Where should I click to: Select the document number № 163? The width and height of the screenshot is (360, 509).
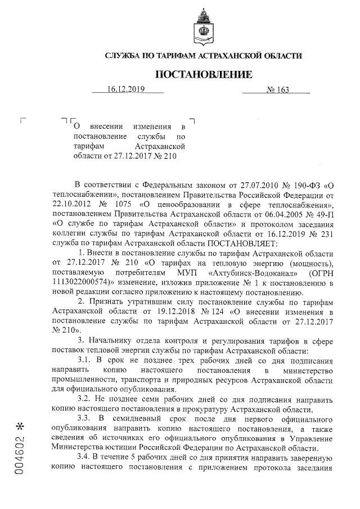(276, 89)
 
